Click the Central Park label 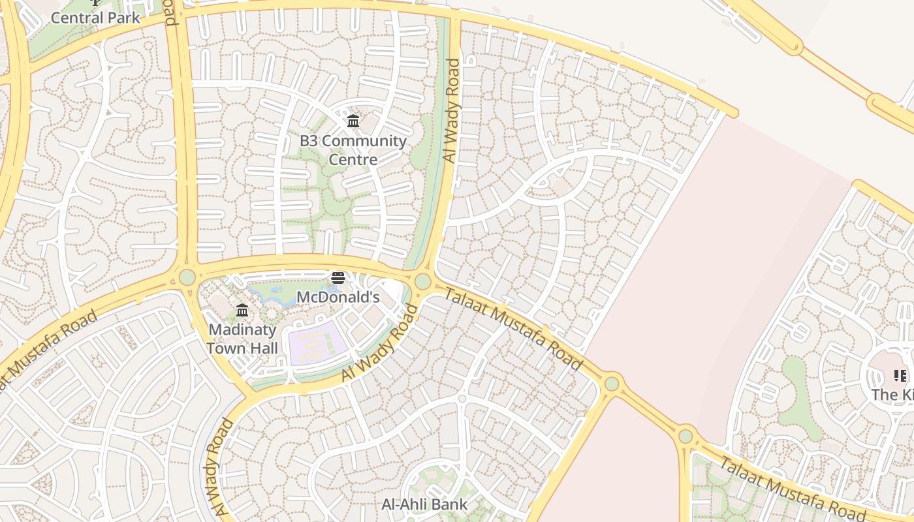(95, 18)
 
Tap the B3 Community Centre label (353, 150)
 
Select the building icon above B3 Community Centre (353, 121)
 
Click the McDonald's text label (338, 297)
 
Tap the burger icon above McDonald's (338, 278)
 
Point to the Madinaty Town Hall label (242, 339)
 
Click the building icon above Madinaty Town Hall (242, 310)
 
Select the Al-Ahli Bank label (424, 504)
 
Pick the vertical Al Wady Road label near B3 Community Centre (451, 110)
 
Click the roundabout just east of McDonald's (422, 281)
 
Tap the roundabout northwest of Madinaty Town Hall (187, 277)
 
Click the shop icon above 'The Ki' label (900, 376)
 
